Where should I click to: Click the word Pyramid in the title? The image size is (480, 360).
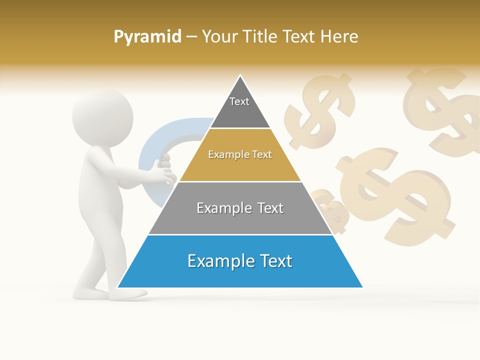pos(147,36)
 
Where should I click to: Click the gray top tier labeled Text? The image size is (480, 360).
pos(239,107)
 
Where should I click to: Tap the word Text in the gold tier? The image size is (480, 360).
pos(261,154)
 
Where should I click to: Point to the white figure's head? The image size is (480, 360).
pos(102,117)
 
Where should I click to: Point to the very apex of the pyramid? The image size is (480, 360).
pos(240,76)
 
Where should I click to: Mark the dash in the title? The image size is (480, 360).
pos(191,36)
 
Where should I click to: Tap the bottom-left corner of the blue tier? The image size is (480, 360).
pos(118,287)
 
